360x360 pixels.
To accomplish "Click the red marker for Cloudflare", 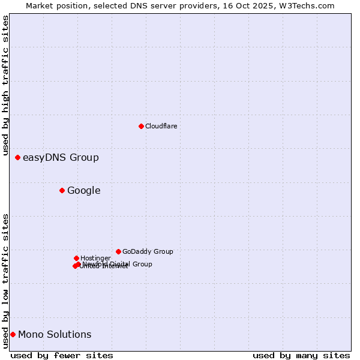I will (141, 126).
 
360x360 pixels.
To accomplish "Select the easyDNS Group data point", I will (18, 157).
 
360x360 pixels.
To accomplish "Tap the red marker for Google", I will (62, 190).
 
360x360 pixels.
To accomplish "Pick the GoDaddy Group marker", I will (118, 251).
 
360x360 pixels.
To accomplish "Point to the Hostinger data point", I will (76, 258).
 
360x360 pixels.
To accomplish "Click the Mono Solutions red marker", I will (13, 334).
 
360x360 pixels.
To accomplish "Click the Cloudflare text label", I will (161, 126).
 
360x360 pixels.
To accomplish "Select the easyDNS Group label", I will (61, 158).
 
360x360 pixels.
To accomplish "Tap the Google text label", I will (84, 191).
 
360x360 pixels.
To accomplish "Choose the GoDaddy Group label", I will (148, 251).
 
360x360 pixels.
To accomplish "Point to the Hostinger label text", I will (95, 258).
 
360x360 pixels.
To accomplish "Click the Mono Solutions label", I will (55, 335).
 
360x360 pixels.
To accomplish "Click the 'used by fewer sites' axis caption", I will (62, 355).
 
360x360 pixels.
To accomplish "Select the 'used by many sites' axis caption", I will (301, 355).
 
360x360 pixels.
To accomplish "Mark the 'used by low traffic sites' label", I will (6, 281).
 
